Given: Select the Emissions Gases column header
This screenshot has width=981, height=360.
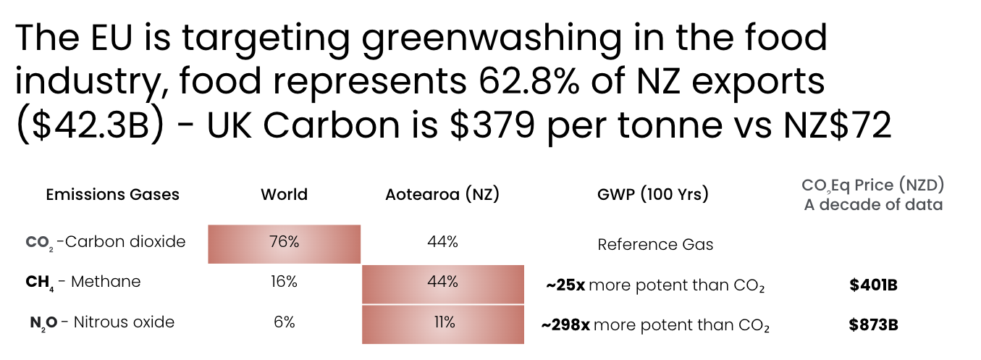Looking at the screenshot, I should point(112,195).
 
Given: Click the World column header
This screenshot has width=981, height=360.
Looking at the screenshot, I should point(284,195).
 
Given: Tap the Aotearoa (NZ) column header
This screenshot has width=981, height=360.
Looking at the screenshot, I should point(442,195).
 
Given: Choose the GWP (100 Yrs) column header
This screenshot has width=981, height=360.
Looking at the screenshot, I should point(653,195).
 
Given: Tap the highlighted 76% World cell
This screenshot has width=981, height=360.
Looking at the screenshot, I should point(284,243).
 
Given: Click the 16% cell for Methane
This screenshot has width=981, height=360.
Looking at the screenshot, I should point(284,282).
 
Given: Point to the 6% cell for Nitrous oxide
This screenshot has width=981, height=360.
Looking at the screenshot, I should point(284,322).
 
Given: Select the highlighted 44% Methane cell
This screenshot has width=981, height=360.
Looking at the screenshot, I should point(442,282).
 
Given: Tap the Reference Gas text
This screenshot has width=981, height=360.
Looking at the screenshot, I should point(655,245).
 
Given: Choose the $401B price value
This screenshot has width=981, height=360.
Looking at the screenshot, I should point(873,285).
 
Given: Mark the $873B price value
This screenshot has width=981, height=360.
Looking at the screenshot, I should point(873,325).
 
